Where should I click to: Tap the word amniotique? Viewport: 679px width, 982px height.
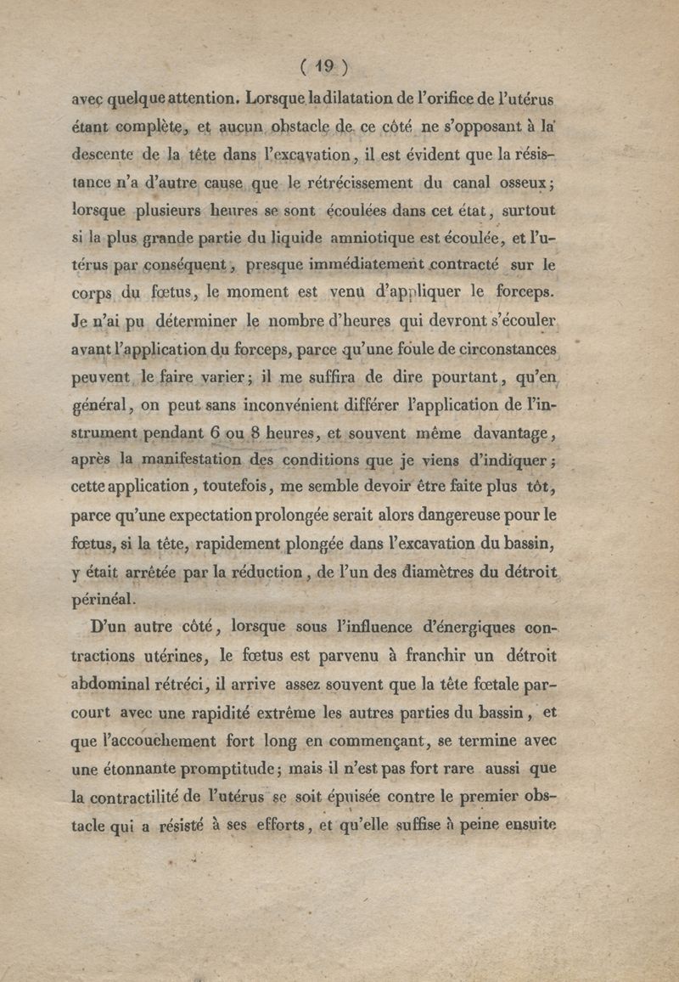(368, 238)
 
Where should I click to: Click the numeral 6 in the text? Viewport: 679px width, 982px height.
(216, 432)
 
